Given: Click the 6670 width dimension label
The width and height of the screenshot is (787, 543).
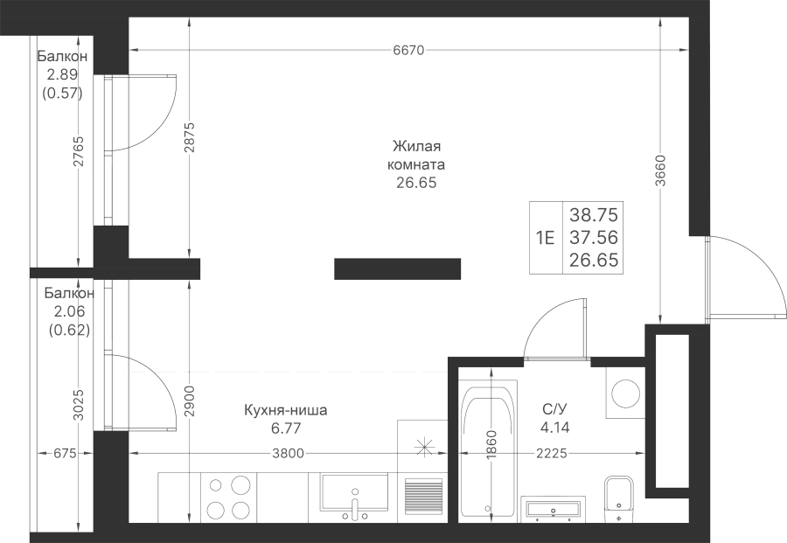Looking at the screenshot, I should (407, 51).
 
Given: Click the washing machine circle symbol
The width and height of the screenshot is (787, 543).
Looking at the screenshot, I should (625, 393).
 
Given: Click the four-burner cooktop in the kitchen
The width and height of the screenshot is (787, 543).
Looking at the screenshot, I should (229, 497).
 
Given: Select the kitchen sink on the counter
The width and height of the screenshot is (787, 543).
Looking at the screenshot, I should (355, 495).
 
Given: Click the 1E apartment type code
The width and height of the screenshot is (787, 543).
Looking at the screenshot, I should (545, 237).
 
